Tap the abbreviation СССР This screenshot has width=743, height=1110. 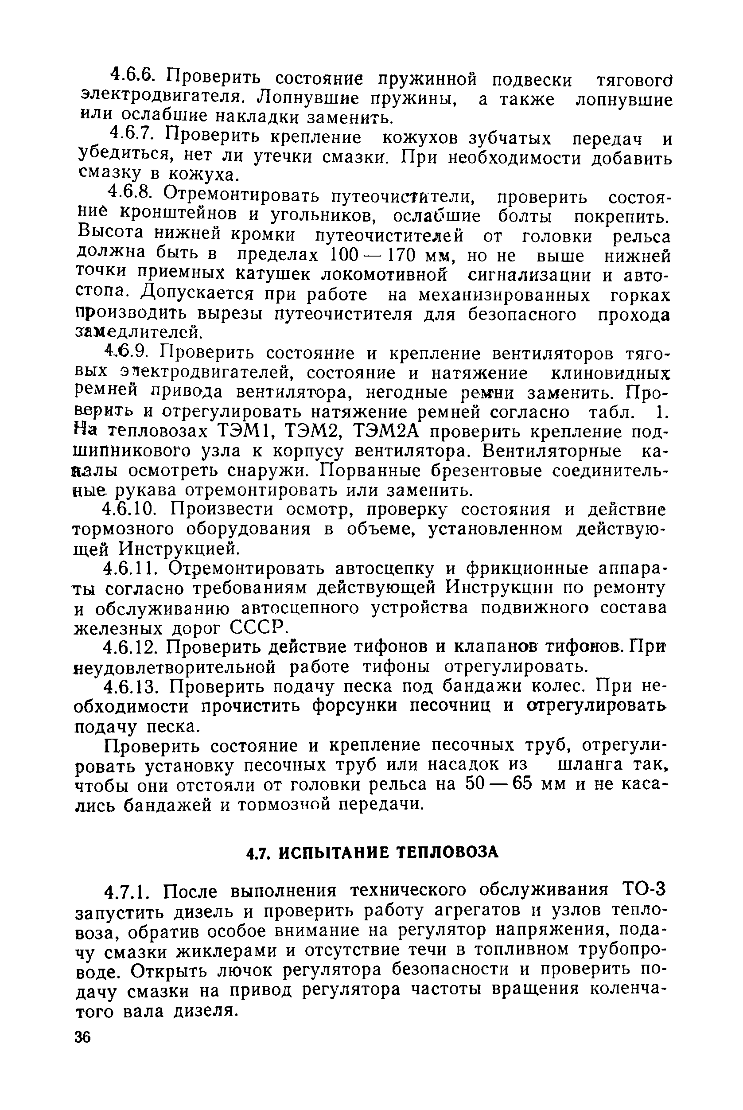coord(259,627)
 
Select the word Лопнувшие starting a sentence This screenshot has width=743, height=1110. coord(308,97)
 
